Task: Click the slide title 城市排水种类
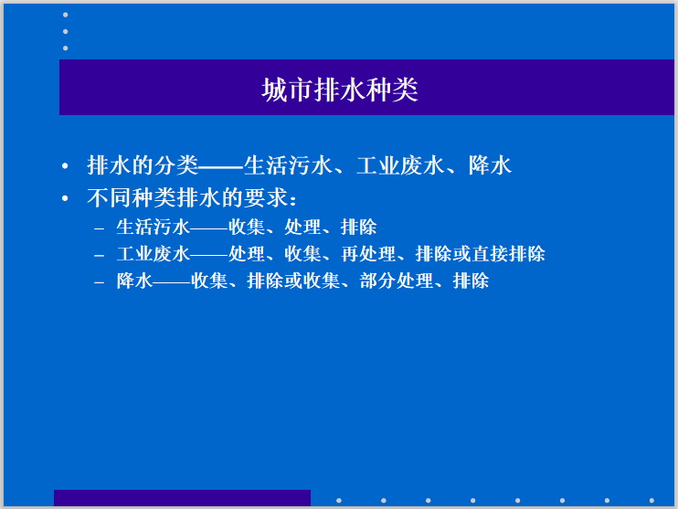click(339, 90)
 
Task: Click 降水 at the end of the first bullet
click(490, 165)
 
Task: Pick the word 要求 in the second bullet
click(264, 196)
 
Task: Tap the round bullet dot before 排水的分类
click(65, 167)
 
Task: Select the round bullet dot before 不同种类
click(65, 198)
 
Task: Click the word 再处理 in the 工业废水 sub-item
click(366, 254)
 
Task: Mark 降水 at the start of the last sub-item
click(133, 281)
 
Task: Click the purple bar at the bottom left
click(182, 498)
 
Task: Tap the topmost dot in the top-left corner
click(65, 16)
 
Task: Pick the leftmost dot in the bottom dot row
click(339, 500)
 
